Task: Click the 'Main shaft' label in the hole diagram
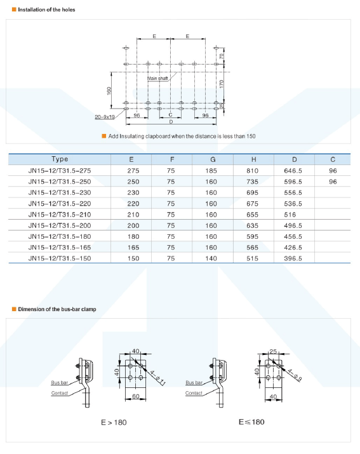tap(157, 79)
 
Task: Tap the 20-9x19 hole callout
tap(105, 117)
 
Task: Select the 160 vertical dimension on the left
tap(109, 91)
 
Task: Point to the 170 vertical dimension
tap(222, 84)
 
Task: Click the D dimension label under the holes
tap(171, 122)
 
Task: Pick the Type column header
tap(60, 159)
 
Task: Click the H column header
tap(254, 159)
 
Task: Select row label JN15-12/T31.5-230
tap(60, 193)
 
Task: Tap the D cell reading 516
tap(290, 215)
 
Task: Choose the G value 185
tap(211, 171)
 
